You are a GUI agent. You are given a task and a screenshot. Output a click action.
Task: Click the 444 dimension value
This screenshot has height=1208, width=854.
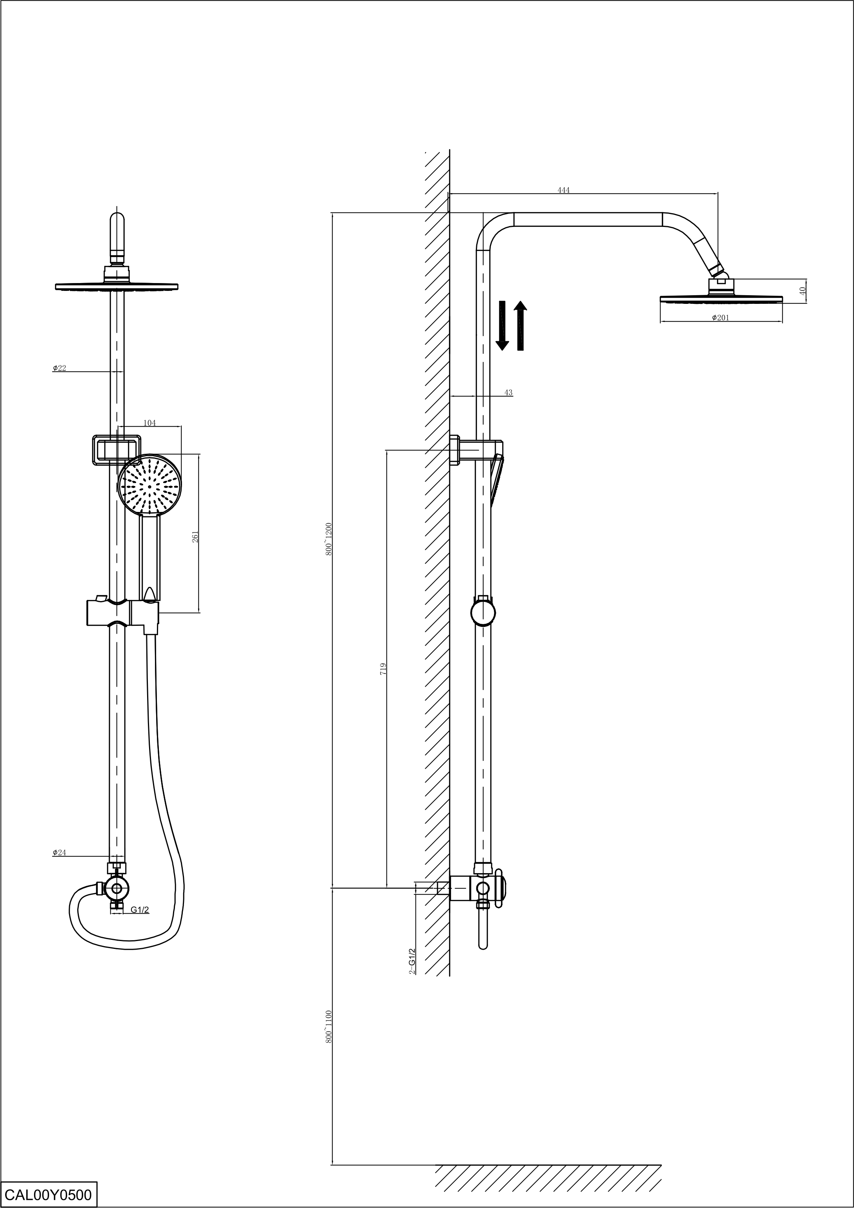pyautogui.click(x=563, y=190)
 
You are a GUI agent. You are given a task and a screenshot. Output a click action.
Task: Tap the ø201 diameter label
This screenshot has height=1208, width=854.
pyautogui.click(x=721, y=318)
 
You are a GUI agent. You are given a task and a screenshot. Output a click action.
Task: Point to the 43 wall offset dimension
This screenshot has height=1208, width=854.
pyautogui.click(x=508, y=393)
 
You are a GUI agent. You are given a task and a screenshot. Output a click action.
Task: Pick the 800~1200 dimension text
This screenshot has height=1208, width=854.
pyautogui.click(x=329, y=539)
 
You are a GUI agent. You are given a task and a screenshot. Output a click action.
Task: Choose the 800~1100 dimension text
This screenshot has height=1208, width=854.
pyautogui.click(x=329, y=1027)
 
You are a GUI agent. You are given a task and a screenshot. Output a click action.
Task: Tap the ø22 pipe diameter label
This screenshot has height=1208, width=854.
pyautogui.click(x=59, y=368)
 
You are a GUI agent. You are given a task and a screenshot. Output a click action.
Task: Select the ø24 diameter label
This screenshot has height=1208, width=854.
pyautogui.click(x=59, y=852)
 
